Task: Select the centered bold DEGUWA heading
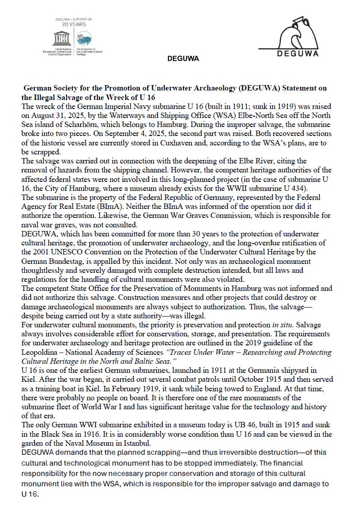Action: tap(183, 59)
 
